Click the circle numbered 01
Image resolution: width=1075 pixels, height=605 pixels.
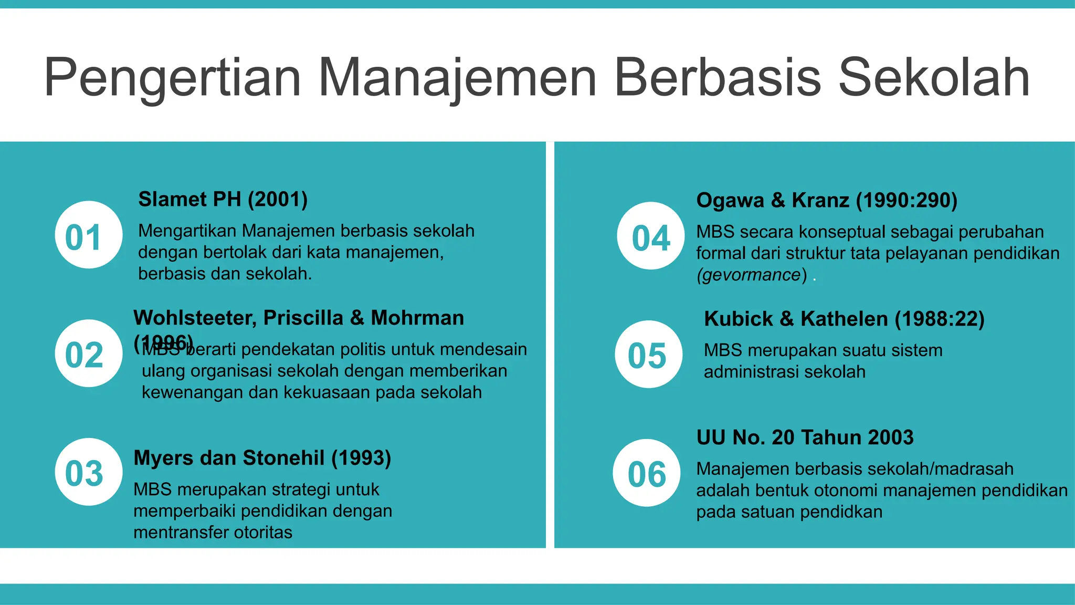[88, 235]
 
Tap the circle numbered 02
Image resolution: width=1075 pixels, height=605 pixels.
[88, 353]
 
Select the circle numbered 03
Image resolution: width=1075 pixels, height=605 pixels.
[88, 472]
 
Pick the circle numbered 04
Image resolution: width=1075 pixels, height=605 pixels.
[651, 236]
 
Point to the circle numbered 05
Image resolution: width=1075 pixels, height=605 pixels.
[648, 354]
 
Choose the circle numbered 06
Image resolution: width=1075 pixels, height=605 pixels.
[646, 473]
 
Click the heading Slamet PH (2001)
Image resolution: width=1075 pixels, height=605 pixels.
[223, 200]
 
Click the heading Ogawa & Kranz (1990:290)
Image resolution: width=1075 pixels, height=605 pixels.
[827, 201]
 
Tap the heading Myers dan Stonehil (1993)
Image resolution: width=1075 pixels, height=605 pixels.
[262, 458]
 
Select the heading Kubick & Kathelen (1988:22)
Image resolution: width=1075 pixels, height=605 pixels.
[844, 319]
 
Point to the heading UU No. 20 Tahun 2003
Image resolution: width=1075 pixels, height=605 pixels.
[805, 437]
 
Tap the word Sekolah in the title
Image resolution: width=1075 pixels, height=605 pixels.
[934, 78]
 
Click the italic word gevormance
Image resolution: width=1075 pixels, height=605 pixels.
[751, 275]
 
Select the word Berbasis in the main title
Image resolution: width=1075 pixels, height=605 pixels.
[717, 78]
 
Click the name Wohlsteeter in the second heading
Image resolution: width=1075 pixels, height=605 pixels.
[195, 318]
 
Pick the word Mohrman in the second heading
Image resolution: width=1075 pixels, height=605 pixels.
[417, 318]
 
